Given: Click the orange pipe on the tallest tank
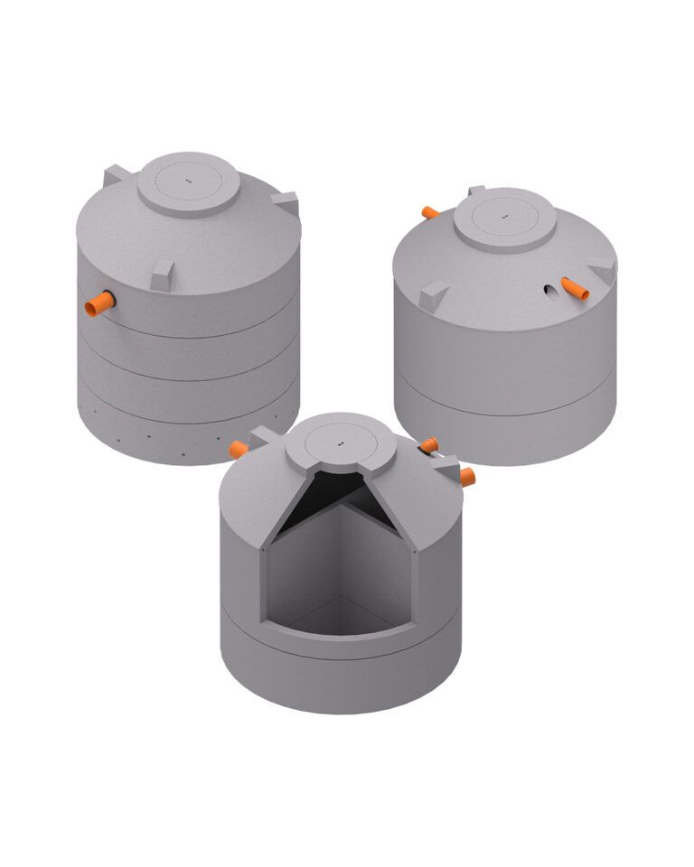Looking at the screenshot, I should (98, 303).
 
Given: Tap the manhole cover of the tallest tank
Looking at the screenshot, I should (189, 184).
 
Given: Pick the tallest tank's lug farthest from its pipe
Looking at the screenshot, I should (284, 202).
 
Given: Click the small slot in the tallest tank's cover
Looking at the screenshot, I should (189, 181).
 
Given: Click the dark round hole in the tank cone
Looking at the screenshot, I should (549, 290).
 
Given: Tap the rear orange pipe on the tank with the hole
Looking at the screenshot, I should (430, 212).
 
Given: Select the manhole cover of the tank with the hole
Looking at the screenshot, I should (503, 219).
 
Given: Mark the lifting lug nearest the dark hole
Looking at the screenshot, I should (600, 268).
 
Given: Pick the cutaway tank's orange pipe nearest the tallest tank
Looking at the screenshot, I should (239, 448).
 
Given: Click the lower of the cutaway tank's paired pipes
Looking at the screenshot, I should (466, 476).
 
